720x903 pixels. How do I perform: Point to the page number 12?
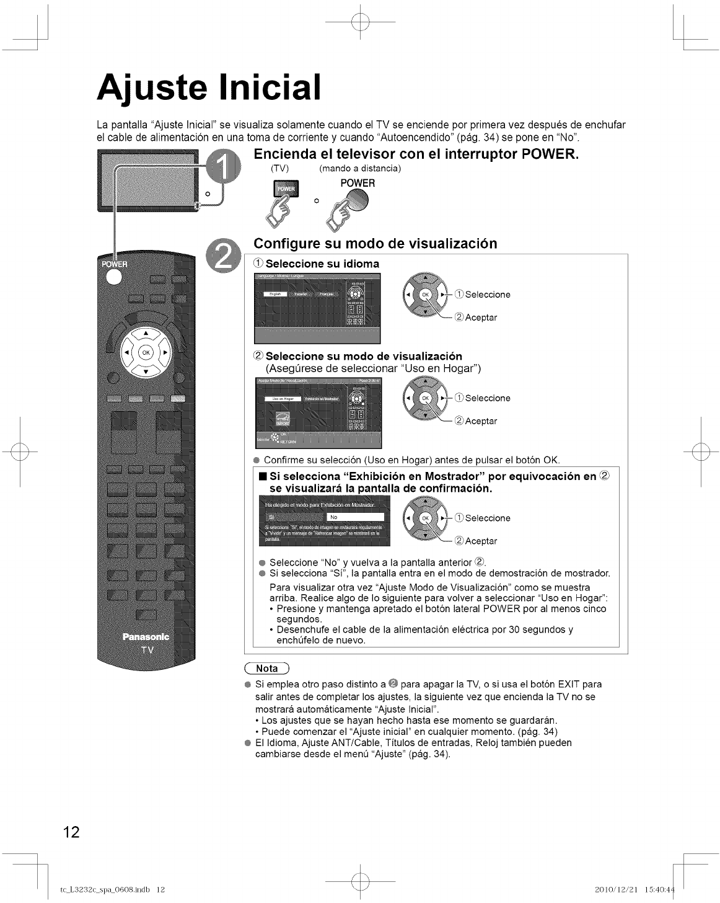(x=71, y=832)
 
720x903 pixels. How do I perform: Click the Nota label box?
(x=266, y=669)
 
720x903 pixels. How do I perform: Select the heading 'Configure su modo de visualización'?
(x=375, y=243)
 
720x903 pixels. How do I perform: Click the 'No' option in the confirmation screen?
(x=355, y=517)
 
